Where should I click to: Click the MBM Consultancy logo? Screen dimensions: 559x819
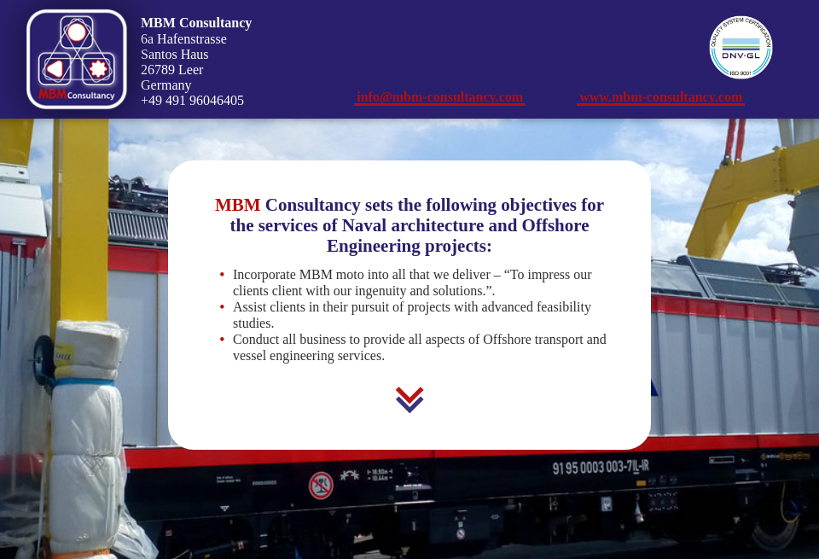[x=77, y=59]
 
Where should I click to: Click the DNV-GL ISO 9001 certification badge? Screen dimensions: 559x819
[x=741, y=48]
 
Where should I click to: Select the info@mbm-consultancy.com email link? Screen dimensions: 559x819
[x=439, y=97]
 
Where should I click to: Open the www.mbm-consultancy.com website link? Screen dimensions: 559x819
[x=660, y=97]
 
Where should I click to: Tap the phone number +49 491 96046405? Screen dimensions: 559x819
[x=192, y=101]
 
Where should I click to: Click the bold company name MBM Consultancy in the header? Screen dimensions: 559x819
[x=196, y=23]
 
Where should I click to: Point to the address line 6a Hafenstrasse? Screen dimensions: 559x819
[x=183, y=39]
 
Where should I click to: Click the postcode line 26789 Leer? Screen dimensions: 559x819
[x=171, y=70]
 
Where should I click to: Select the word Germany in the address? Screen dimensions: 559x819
[x=166, y=85]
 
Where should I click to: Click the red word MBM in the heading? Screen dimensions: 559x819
[x=237, y=205]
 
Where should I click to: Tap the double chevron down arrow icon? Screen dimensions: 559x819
[x=409, y=399]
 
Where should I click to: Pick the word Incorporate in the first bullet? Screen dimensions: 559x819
[x=264, y=275]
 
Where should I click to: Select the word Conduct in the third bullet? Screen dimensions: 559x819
[x=256, y=340]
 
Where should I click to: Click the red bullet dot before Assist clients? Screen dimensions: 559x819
[x=222, y=307]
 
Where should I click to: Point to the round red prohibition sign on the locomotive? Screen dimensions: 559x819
[x=321, y=486]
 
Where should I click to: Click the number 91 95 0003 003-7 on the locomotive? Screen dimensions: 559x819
[x=600, y=467]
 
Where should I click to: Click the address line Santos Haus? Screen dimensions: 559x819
[x=174, y=55]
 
